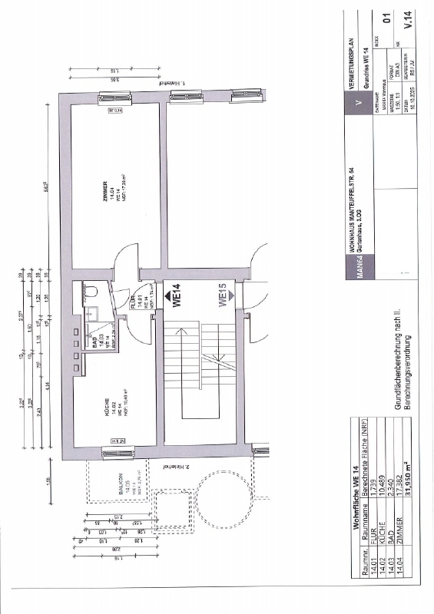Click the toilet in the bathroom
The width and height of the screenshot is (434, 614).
[x=89, y=292]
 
